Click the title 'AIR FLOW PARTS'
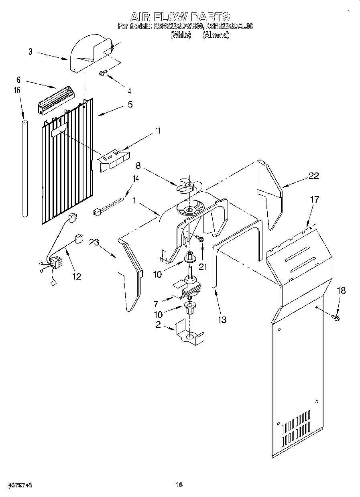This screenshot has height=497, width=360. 180,16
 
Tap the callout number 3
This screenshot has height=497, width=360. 31,51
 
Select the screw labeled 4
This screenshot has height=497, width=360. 103,73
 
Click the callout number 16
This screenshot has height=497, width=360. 17,91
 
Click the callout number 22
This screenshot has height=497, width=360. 313,175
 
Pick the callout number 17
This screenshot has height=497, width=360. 315,199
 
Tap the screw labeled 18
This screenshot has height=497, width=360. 335,318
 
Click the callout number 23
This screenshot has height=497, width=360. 94,242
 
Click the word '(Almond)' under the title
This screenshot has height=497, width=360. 216,35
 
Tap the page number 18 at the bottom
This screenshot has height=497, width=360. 179,485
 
